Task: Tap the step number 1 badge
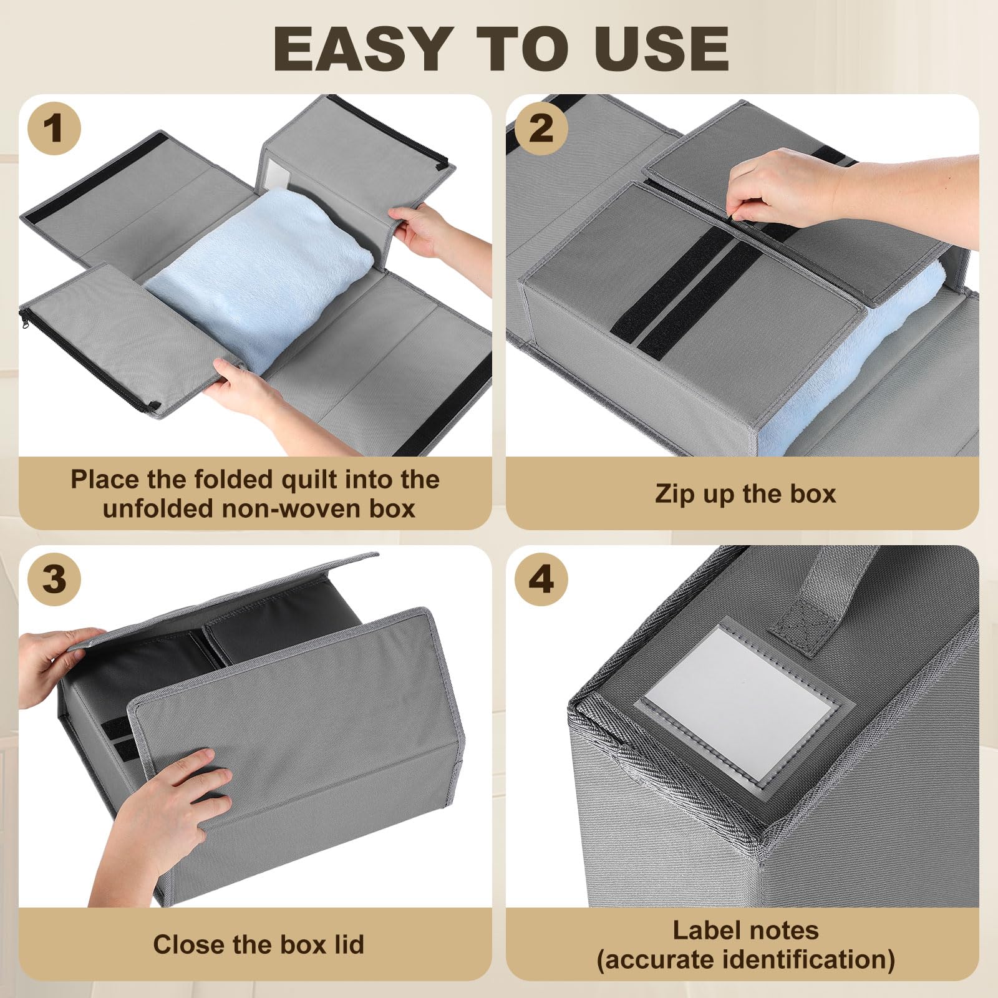click(54, 128)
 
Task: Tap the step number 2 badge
click(541, 128)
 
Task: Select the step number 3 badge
click(54, 579)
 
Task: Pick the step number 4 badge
click(541, 579)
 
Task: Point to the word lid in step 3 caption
click(348, 944)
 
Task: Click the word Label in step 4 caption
click(707, 931)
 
